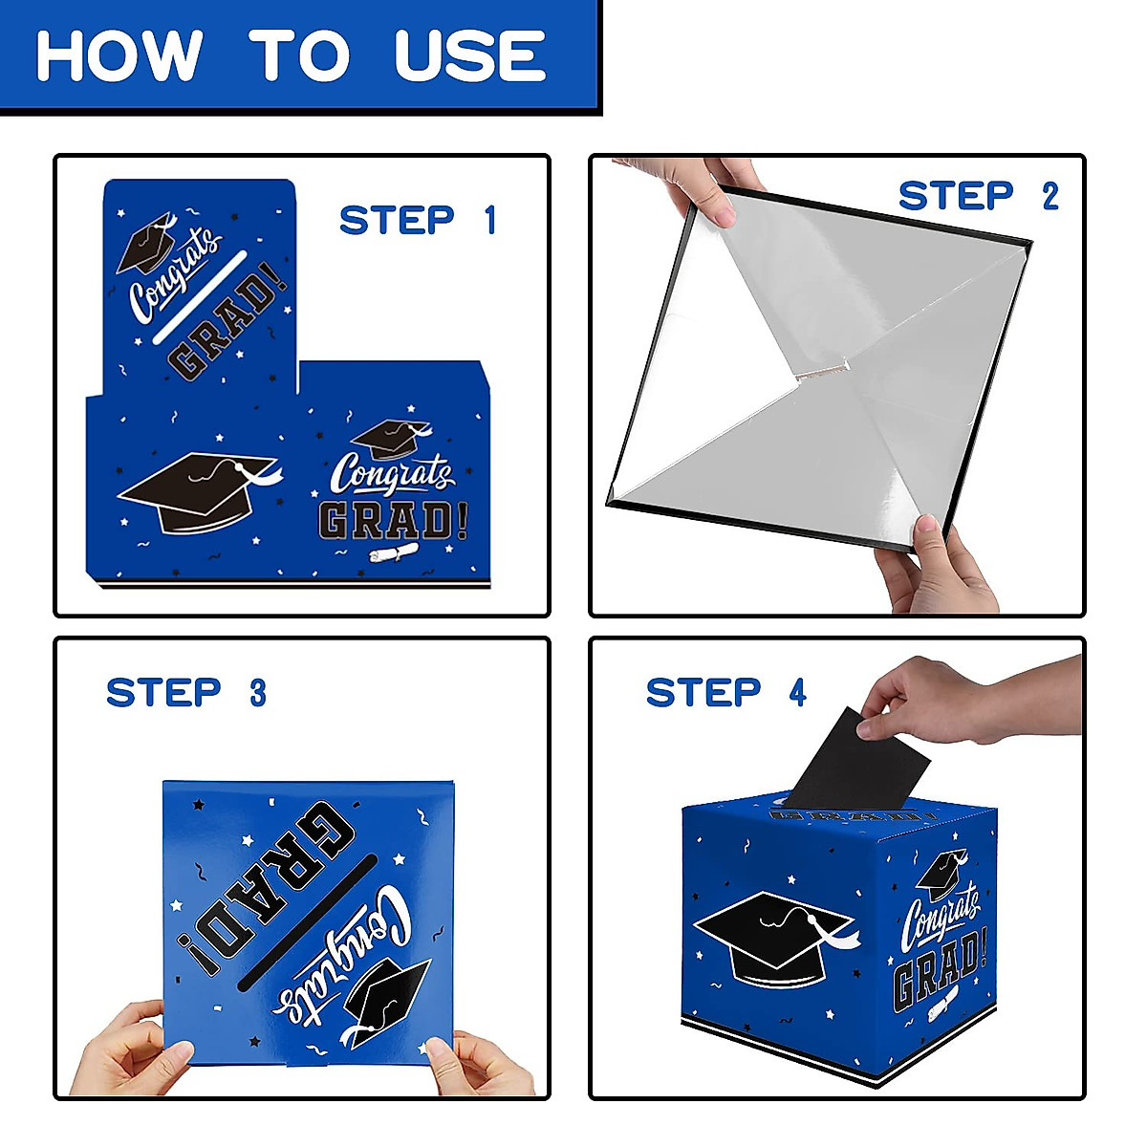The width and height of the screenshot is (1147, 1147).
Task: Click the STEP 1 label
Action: pyautogui.click(x=418, y=221)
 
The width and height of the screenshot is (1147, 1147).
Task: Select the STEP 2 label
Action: pyautogui.click(x=978, y=196)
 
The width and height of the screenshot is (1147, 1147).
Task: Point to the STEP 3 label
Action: pyautogui.click(x=186, y=693)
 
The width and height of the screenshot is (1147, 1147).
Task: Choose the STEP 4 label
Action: pyautogui.click(x=726, y=693)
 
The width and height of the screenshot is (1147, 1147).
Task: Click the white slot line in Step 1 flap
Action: pyautogui.click(x=199, y=297)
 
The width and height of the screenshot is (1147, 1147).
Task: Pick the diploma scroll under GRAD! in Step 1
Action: pyautogui.click(x=393, y=554)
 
